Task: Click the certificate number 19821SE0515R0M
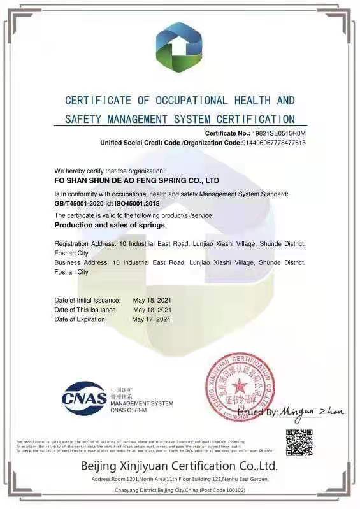(279, 133)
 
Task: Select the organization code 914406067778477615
(274, 143)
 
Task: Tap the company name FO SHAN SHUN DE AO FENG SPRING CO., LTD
(136, 180)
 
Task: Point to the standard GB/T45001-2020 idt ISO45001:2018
(106, 203)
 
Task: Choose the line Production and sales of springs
(110, 225)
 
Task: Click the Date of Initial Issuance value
(152, 299)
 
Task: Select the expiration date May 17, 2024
(151, 319)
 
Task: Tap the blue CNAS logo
(84, 398)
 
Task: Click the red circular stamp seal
(240, 386)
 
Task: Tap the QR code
(299, 442)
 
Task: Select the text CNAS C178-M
(129, 410)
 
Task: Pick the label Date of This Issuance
(86, 310)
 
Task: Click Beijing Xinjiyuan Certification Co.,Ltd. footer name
(179, 466)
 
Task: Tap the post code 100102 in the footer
(233, 489)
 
